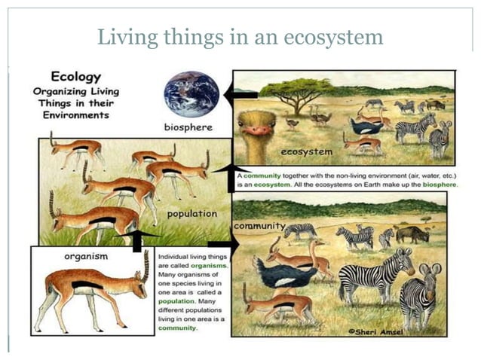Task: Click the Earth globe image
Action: (191, 93)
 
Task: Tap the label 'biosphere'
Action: (188, 127)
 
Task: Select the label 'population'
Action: (192, 214)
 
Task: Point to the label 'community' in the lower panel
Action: (259, 226)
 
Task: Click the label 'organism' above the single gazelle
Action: (86, 256)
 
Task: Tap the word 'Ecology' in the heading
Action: (75, 77)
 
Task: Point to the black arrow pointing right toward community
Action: (222, 244)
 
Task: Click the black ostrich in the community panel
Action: (285, 273)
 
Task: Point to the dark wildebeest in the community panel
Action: (412, 233)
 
